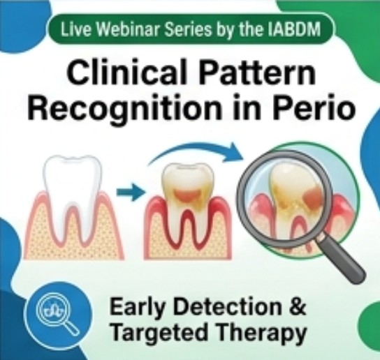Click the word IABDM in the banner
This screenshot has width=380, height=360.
point(296,30)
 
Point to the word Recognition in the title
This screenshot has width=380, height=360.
point(124,107)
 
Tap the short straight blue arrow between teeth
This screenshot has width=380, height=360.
point(131,193)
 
